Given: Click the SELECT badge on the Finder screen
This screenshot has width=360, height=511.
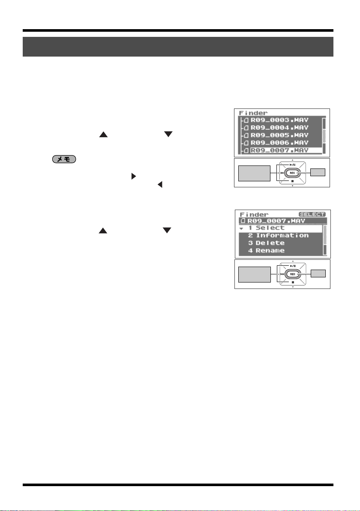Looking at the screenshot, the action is [x=312, y=214].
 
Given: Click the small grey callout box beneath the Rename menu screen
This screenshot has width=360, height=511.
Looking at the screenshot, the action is [x=318, y=273].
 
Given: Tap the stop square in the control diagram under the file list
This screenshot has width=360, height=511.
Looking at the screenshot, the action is [x=292, y=180].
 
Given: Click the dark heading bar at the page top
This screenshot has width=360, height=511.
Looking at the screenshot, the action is [x=178, y=47].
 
